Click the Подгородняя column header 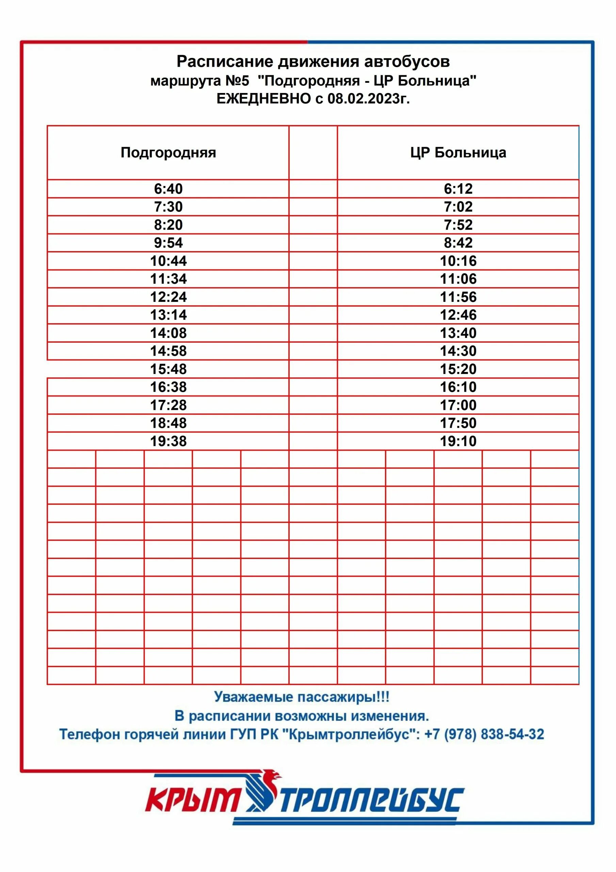click(168, 152)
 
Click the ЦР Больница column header click(458, 152)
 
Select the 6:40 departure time click(168, 189)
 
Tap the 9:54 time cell click(168, 243)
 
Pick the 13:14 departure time click(168, 315)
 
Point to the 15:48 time click(168, 369)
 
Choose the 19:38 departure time click(168, 441)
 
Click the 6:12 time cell click(458, 189)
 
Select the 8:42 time click(458, 243)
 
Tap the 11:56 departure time click(458, 297)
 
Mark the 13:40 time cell click(458, 333)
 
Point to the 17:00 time click(458, 405)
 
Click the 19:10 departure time click(458, 441)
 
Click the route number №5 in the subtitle click(237, 81)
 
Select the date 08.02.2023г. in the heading click(369, 99)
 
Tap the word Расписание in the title click(225, 62)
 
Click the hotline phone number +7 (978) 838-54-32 click(484, 734)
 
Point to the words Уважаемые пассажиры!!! click(302, 697)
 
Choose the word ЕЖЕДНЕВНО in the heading click(263, 99)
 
